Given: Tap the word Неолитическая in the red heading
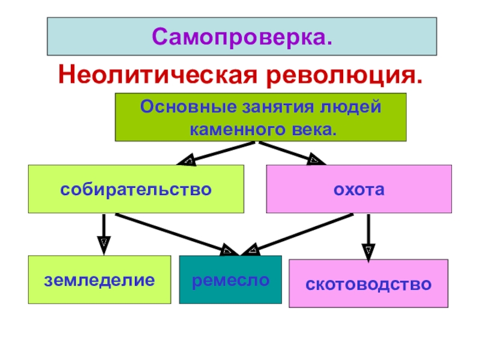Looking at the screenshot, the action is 157,74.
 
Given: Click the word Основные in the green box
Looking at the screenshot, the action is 188,107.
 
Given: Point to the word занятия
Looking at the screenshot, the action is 278,107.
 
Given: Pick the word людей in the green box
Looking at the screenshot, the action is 350,107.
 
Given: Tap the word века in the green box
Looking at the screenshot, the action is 312,130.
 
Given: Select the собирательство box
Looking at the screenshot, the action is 136,189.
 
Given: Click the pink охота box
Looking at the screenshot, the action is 359,189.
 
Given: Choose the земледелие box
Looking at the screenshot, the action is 100,280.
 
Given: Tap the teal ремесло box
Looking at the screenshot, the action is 230,280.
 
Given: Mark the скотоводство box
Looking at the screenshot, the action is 368,283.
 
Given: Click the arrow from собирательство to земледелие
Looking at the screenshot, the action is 104,235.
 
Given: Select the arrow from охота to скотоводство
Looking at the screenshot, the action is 368,238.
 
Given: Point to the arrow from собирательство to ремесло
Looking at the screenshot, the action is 176,235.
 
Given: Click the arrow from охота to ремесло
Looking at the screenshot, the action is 297,235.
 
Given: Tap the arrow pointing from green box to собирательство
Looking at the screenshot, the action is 216,154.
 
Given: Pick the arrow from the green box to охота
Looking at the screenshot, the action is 292,153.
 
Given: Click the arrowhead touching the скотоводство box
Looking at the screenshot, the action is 368,253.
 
